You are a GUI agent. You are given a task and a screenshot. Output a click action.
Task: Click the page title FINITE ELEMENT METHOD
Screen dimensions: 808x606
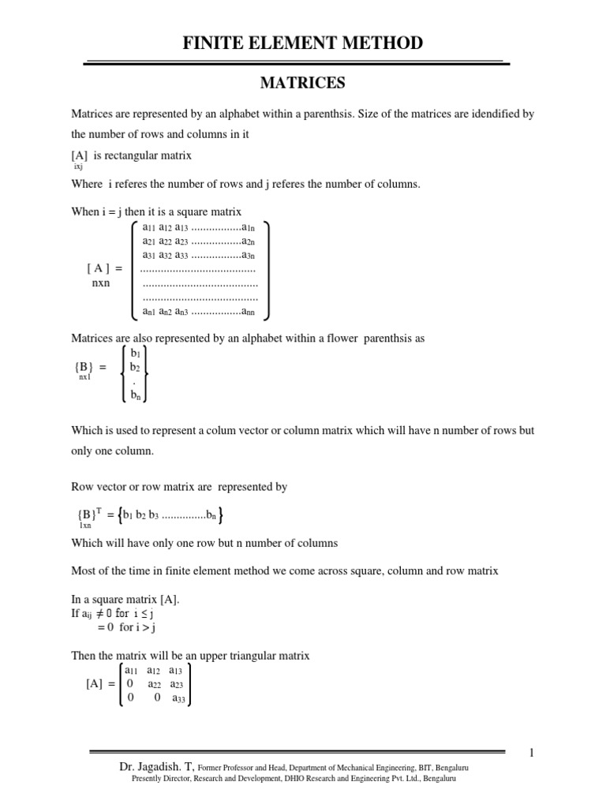pos(303,43)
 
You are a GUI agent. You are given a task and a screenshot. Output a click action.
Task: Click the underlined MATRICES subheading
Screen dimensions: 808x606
pos(303,81)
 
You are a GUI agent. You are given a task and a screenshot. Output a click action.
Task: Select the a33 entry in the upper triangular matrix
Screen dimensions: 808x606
pos(178,698)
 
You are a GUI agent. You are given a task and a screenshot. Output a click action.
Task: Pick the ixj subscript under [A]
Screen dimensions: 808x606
pos(78,167)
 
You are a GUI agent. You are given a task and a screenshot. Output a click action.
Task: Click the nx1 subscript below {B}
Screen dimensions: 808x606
pos(84,378)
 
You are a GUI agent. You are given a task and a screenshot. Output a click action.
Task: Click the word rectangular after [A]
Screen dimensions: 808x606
pos(134,155)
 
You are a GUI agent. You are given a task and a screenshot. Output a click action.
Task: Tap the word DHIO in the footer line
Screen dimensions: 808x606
pos(294,778)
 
